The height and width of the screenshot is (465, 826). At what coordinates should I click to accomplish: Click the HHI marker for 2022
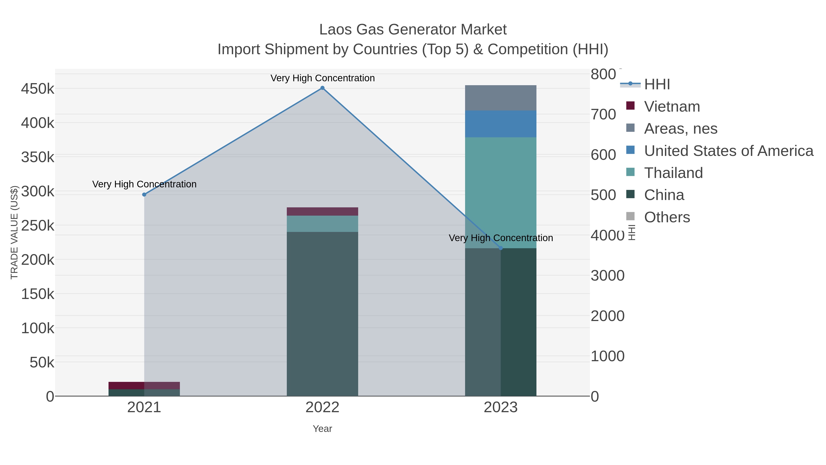pyautogui.click(x=322, y=88)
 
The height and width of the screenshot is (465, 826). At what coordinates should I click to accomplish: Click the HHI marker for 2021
pyautogui.click(x=144, y=194)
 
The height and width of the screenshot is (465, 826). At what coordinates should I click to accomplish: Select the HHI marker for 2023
pyautogui.click(x=501, y=248)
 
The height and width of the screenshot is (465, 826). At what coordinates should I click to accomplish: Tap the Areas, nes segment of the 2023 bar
pyautogui.click(x=501, y=98)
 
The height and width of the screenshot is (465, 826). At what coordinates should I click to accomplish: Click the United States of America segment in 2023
pyautogui.click(x=501, y=124)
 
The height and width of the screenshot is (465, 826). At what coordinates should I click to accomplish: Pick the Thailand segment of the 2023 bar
pyautogui.click(x=501, y=193)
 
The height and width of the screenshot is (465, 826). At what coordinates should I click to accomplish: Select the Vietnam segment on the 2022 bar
pyautogui.click(x=322, y=211)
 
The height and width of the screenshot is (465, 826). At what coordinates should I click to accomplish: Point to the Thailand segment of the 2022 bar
pyautogui.click(x=322, y=224)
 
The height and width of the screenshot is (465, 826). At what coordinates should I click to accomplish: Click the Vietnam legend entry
pyautogui.click(x=672, y=107)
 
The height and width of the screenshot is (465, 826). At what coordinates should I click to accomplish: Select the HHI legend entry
pyautogui.click(x=657, y=85)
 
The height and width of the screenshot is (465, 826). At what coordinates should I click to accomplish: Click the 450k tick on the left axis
pyautogui.click(x=38, y=89)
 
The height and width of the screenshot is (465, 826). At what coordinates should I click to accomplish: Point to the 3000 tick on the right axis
pyautogui.click(x=607, y=276)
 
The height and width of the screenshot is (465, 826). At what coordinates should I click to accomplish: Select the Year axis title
pyautogui.click(x=322, y=429)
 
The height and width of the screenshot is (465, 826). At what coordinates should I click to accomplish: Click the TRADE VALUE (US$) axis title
pyautogui.click(x=14, y=232)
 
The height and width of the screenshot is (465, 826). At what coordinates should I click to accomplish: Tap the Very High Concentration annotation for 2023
pyautogui.click(x=501, y=238)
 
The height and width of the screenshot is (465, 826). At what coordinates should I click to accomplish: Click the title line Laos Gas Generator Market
pyautogui.click(x=413, y=30)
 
